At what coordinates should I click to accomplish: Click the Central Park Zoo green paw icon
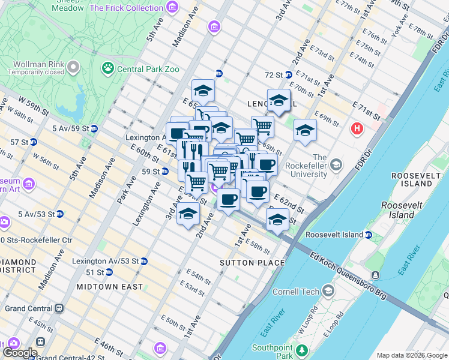click(109, 68)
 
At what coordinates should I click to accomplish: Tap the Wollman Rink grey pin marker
click(74, 67)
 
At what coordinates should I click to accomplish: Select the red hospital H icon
click(357, 128)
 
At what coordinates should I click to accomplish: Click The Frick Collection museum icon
click(173, 8)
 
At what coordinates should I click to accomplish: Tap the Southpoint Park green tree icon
click(303, 350)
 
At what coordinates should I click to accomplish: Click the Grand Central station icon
click(59, 308)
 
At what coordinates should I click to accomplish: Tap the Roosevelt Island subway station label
click(335, 235)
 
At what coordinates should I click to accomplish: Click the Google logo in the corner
click(20, 353)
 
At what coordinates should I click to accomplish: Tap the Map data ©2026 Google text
click(412, 355)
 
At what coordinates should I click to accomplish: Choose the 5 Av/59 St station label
click(71, 128)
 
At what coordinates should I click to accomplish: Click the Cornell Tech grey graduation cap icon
click(328, 292)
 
